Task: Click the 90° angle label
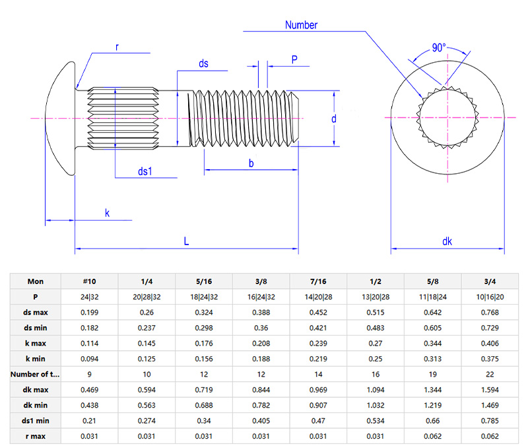(439, 48)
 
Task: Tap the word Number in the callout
(301, 25)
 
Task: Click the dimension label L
(186, 241)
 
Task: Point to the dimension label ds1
(145, 171)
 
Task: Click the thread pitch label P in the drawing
(294, 60)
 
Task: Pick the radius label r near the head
(117, 47)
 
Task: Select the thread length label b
(251, 163)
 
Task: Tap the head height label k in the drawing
(107, 213)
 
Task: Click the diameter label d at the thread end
(334, 119)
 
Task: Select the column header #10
(90, 281)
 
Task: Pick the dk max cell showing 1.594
(490, 389)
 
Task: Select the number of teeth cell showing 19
(433, 374)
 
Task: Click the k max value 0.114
(90, 343)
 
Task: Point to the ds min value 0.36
(261, 328)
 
